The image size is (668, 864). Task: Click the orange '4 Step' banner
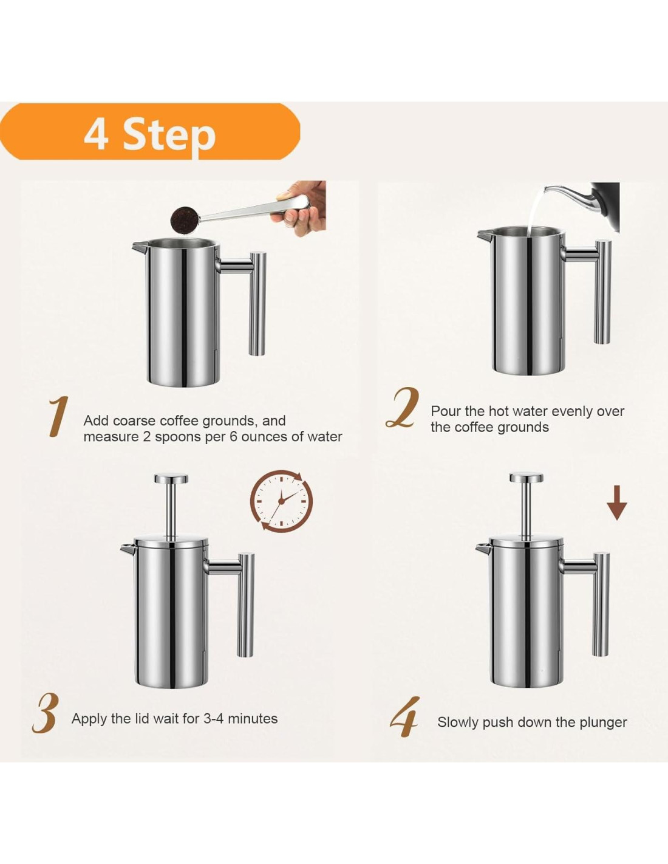150,131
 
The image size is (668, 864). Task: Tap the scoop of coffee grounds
182,219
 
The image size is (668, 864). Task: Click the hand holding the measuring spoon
301,206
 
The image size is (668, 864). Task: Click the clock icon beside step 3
281,501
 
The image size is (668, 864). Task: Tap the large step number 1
58,417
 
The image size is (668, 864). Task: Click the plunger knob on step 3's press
171,479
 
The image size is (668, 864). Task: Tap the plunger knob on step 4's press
527,478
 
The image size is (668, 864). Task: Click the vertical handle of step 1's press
257,303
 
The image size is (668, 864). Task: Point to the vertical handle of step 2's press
602,292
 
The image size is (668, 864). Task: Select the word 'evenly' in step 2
571,411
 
